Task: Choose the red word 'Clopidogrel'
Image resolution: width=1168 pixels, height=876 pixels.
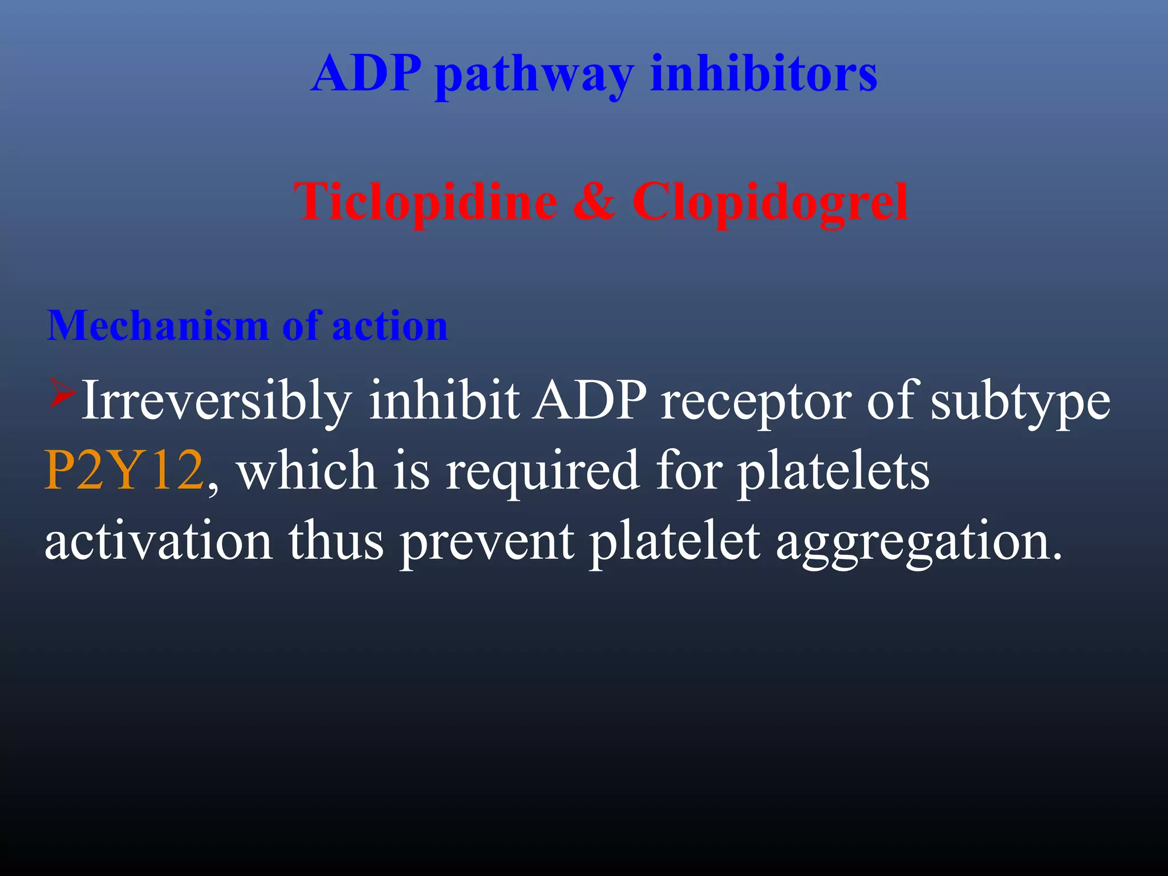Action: point(770,202)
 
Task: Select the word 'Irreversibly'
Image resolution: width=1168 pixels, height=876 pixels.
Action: point(217,401)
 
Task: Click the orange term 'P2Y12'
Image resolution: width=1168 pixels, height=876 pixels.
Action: point(124,471)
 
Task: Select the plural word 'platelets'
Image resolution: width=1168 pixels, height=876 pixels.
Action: point(833,471)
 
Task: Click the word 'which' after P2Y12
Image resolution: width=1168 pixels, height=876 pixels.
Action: point(307,471)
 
